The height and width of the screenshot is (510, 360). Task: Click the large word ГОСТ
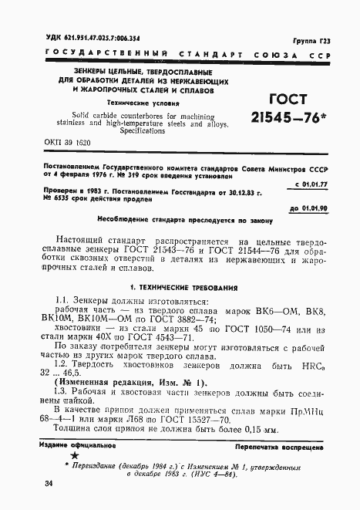click(287, 100)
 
